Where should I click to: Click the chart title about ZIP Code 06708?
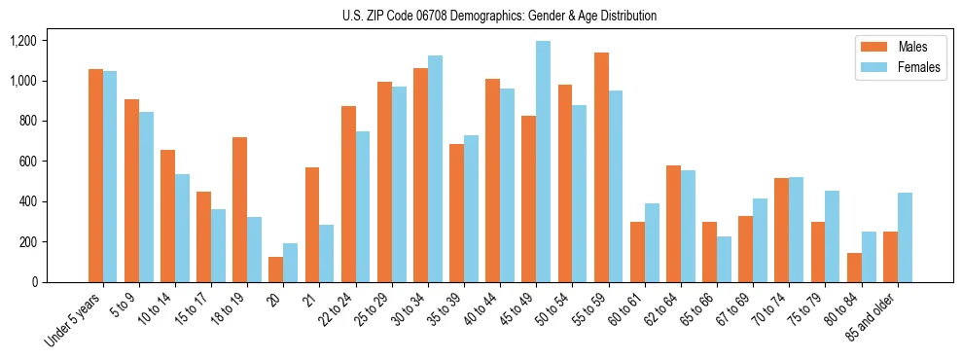tap(499, 16)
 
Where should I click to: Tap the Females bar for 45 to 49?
tap(543, 162)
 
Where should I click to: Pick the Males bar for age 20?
tap(276, 270)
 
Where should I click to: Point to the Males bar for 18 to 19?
tap(240, 209)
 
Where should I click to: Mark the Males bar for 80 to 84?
tap(854, 268)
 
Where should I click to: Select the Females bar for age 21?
tap(327, 253)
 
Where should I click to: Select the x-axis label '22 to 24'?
tap(354, 311)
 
